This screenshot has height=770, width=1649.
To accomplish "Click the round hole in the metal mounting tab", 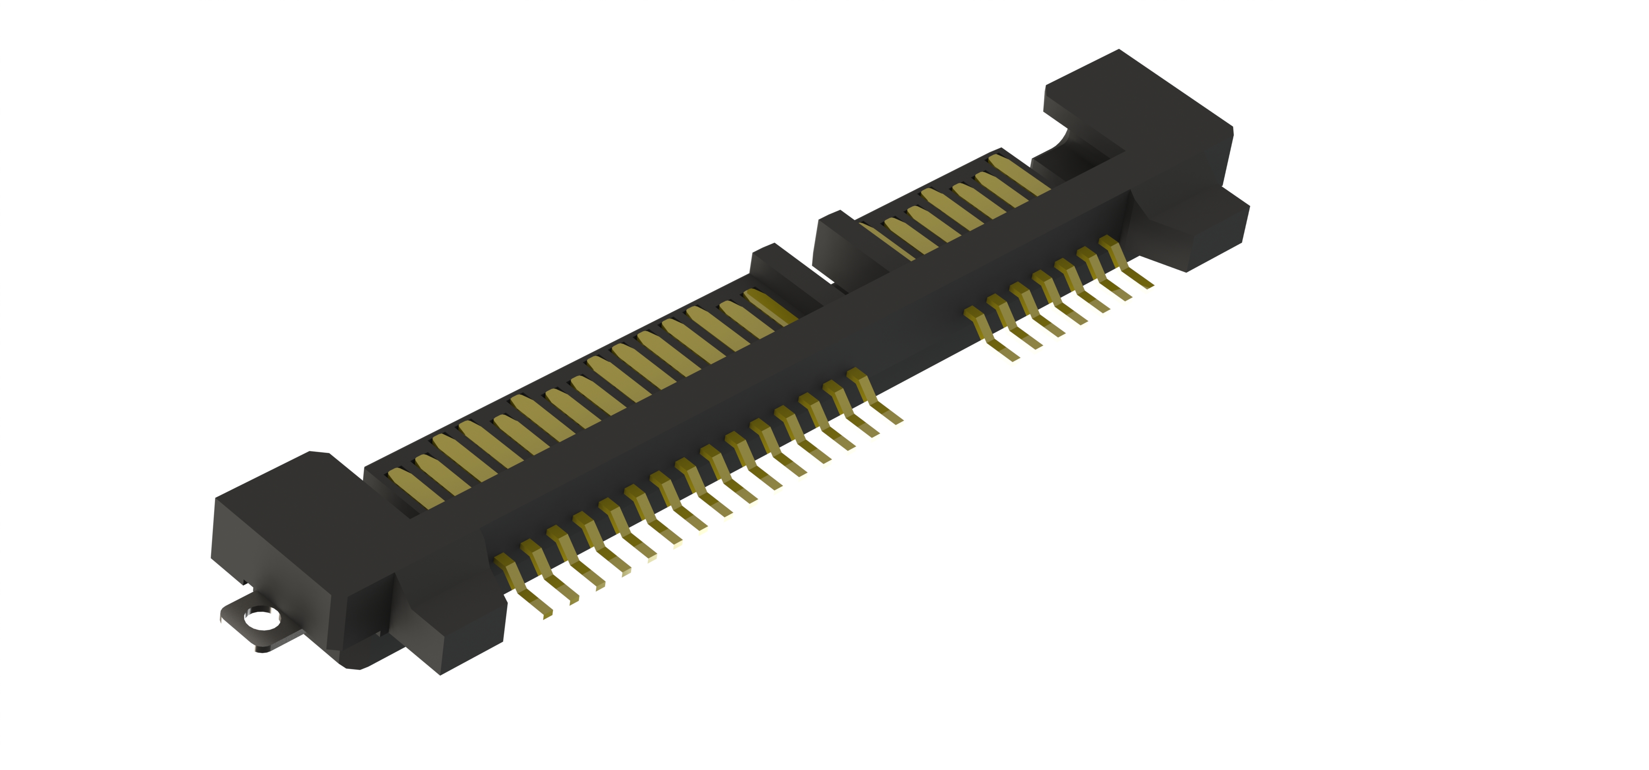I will (x=260, y=619).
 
